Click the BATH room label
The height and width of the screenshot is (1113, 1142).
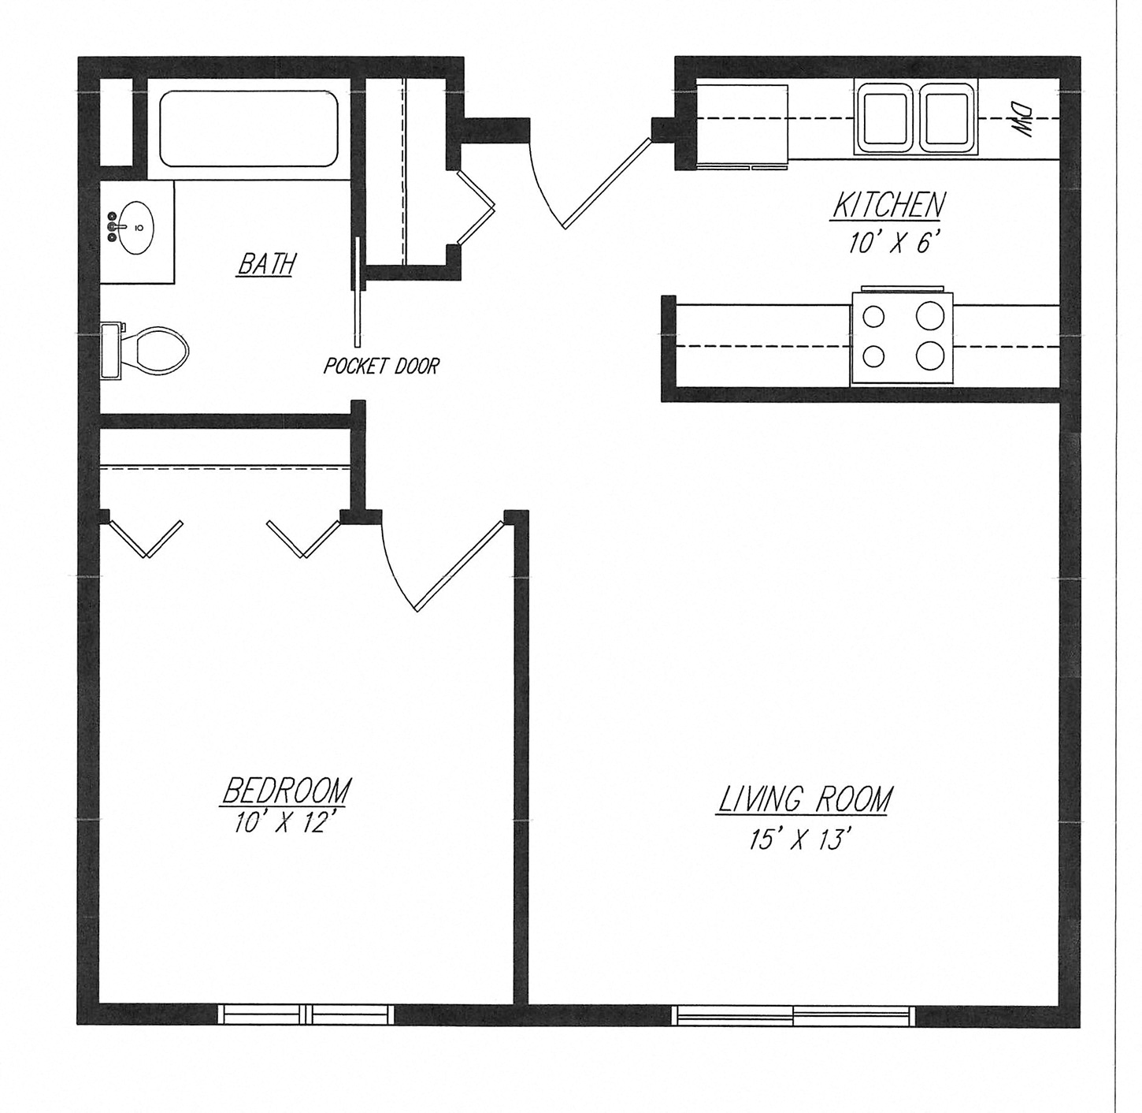point(266,264)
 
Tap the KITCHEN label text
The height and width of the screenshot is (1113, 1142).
point(888,206)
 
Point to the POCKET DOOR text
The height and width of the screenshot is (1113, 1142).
point(381,366)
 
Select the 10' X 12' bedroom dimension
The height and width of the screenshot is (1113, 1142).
point(285,823)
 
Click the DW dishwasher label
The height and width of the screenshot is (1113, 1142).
point(1021,120)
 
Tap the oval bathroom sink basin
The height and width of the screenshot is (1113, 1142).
point(138,229)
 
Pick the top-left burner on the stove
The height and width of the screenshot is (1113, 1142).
point(873,317)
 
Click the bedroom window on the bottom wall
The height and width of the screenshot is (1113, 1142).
point(306,1014)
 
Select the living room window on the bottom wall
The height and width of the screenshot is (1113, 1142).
point(793,1015)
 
